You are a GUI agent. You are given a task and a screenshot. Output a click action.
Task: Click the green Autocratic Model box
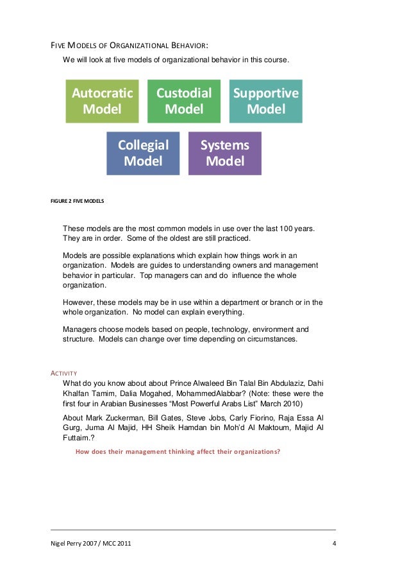click(102, 101)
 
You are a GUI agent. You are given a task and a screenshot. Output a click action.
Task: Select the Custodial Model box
click(184, 101)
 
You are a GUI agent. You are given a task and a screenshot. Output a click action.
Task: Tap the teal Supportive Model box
click(265, 101)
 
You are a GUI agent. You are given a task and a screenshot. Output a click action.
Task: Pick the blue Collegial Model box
click(143, 153)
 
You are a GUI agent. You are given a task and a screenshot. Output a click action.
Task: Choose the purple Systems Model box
click(224, 153)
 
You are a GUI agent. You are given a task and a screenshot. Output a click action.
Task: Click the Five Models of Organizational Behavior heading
click(129, 46)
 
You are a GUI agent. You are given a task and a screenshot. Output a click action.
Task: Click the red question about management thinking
click(178, 451)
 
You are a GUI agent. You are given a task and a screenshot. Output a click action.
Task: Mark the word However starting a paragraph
click(81, 302)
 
